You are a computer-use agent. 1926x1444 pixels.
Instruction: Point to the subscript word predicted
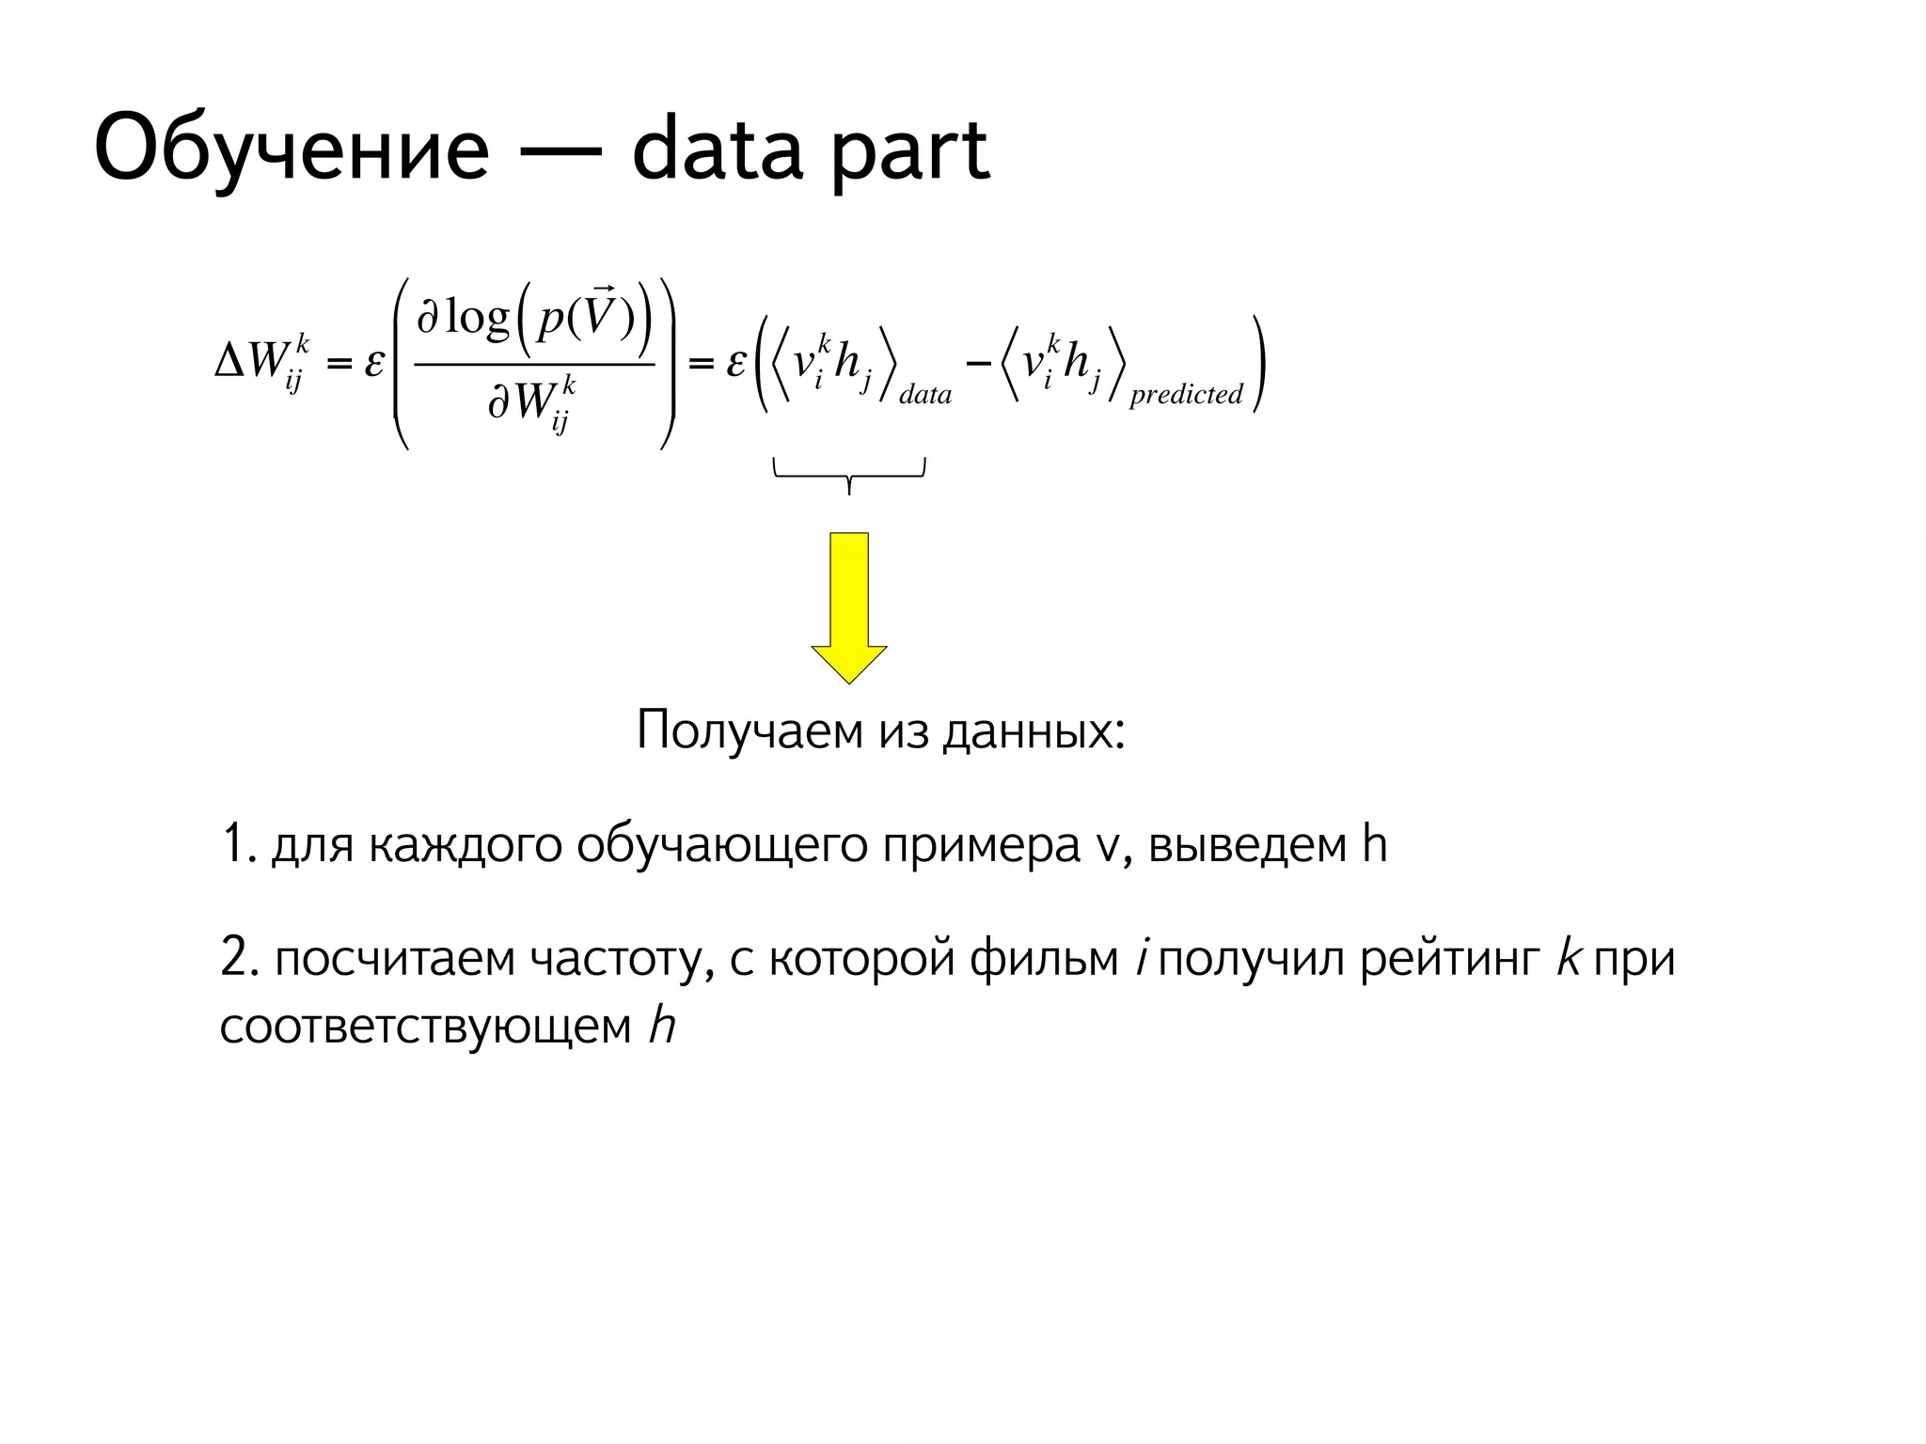pyautogui.click(x=1186, y=394)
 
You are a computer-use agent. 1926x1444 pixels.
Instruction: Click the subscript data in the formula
pyautogui.click(x=925, y=394)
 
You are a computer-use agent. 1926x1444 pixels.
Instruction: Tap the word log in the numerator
pyautogui.click(x=477, y=318)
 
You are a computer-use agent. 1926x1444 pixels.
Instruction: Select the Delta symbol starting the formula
pyautogui.click(x=229, y=360)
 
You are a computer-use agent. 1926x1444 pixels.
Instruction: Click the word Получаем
pyautogui.click(x=750, y=730)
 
